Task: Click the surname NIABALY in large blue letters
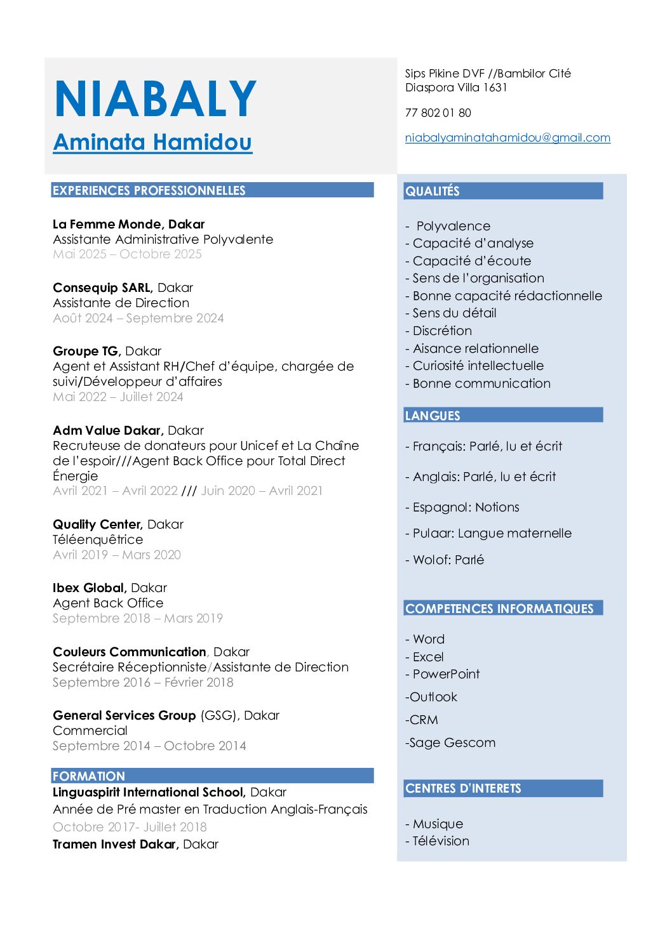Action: [156, 99]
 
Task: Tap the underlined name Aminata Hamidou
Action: [152, 142]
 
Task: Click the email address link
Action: [507, 138]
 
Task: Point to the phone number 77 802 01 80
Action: [438, 113]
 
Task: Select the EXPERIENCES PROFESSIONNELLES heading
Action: [149, 190]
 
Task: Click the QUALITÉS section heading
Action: [433, 191]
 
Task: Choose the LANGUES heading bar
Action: [433, 416]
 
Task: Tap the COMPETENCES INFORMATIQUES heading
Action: [499, 609]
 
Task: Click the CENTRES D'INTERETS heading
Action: [463, 788]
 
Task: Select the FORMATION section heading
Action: [89, 775]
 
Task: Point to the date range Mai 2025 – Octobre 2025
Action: [127, 254]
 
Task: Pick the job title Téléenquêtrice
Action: [98, 539]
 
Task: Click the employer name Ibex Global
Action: [90, 588]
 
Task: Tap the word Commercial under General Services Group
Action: [90, 730]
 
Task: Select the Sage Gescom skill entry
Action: [452, 742]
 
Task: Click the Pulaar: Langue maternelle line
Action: [492, 533]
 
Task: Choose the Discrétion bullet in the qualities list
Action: [442, 331]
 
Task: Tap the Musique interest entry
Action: [438, 824]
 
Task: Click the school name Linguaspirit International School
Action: [149, 792]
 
